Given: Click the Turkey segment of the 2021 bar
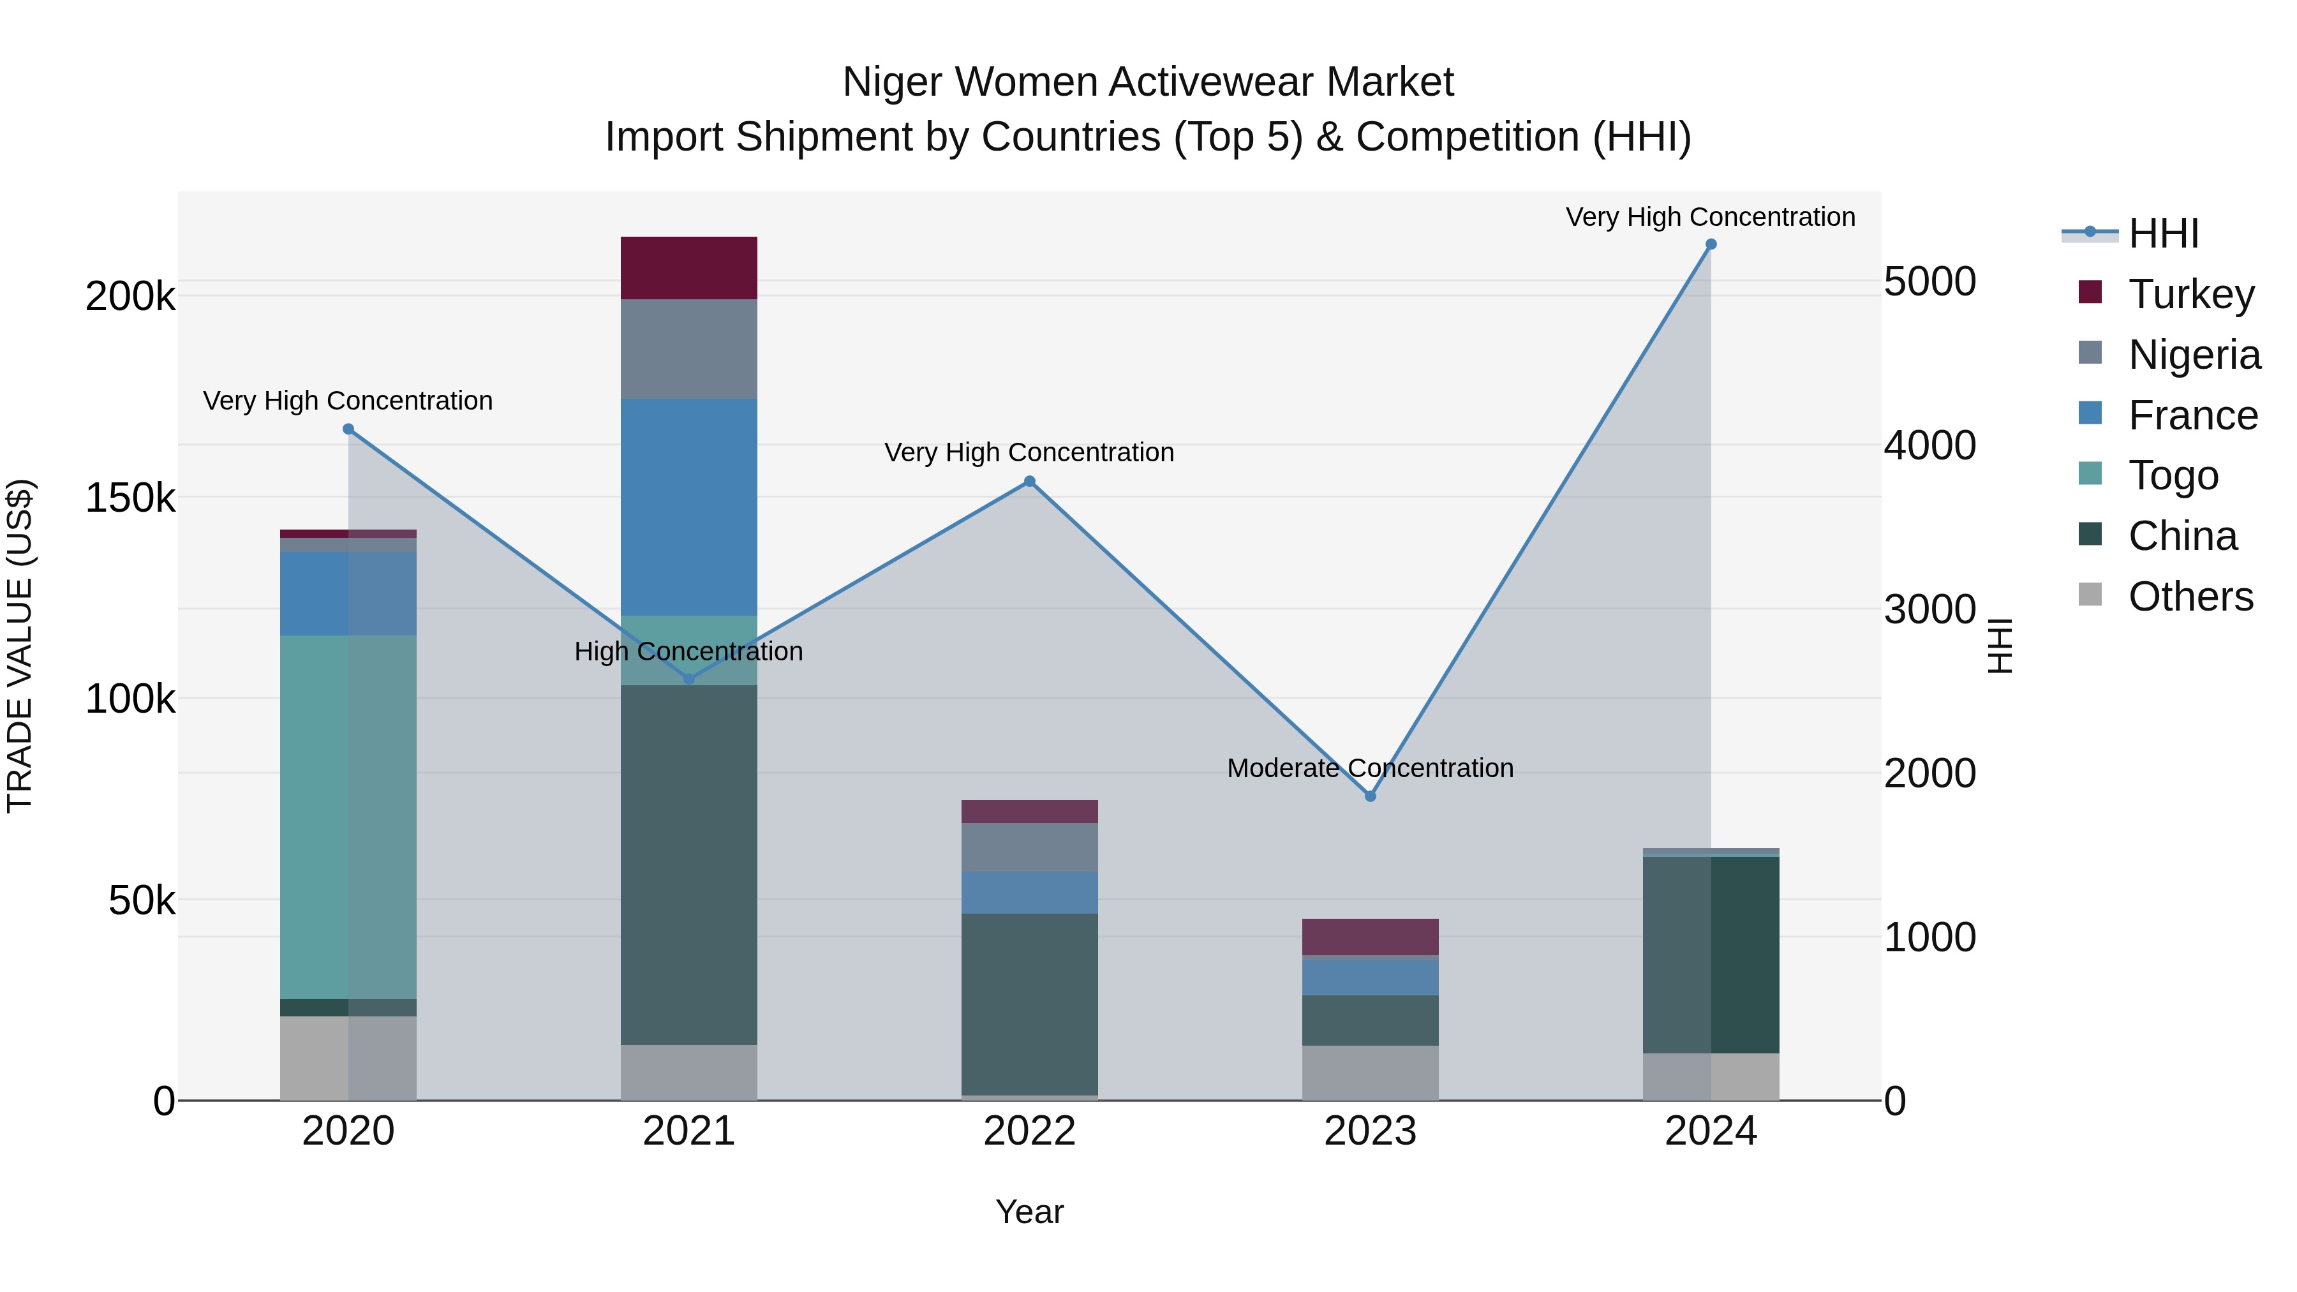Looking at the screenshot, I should [688, 267].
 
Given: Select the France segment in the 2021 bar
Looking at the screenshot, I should [688, 507].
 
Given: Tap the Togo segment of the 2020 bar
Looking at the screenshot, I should [348, 816].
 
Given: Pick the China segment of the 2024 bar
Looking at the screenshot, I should [1710, 954].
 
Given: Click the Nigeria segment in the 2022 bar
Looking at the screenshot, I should [1029, 847].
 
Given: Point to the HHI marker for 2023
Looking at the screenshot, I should [1371, 796].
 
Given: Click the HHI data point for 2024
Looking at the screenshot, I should [1710, 244].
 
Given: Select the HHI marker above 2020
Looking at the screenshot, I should [348, 429].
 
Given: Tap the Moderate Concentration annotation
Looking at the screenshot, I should [1370, 768].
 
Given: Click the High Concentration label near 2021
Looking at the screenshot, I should [688, 651].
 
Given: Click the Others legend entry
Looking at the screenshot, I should [2190, 597].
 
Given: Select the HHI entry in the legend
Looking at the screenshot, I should [2162, 234].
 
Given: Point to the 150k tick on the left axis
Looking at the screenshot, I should [130, 498].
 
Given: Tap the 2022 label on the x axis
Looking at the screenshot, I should [1029, 1131].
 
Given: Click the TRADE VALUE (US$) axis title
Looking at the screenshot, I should [20, 646].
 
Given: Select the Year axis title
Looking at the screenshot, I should [1029, 1212].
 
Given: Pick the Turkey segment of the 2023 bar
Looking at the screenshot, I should [1370, 936].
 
